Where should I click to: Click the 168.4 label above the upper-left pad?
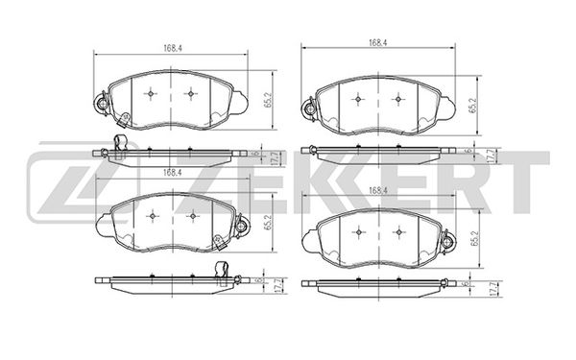pyautogui.click(x=173, y=49)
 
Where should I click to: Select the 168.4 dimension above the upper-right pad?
pyautogui.click(x=378, y=42)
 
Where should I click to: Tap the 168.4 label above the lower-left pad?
pyautogui.click(x=173, y=172)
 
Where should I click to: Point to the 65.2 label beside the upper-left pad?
pyautogui.click(x=268, y=100)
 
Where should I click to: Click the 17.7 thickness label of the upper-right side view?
pyautogui.click(x=489, y=156)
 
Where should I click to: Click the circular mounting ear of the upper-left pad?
pyautogui.click(x=102, y=105)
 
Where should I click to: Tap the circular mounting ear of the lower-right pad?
pyautogui.click(x=447, y=241)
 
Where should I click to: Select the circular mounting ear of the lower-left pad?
pyautogui.click(x=241, y=225)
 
